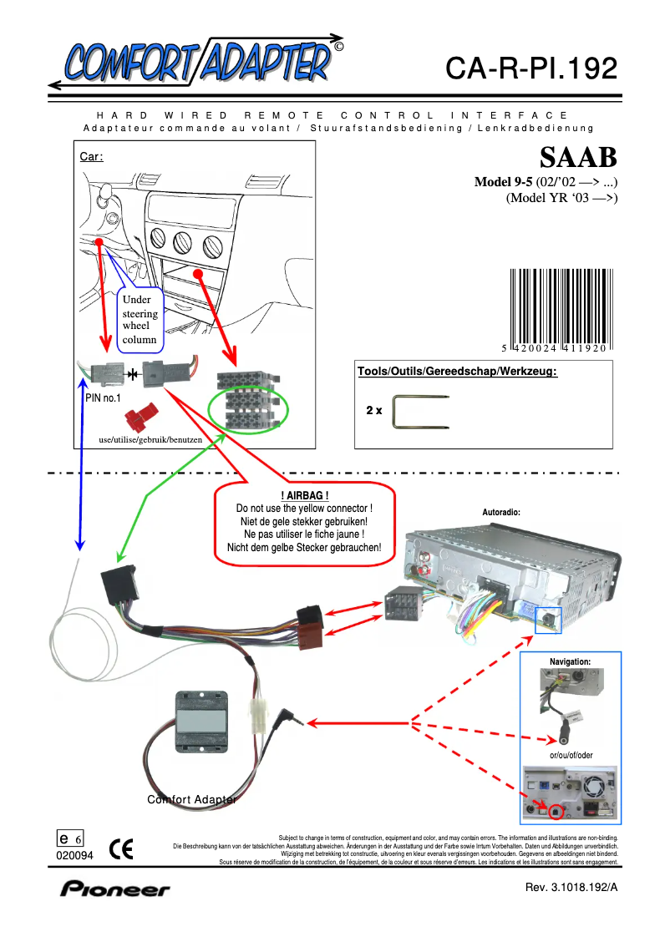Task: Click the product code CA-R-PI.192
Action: tap(531, 68)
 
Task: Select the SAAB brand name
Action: tap(578, 158)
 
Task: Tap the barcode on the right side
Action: tap(557, 308)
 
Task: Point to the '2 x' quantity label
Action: tap(373, 412)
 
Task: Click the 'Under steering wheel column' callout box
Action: tap(140, 318)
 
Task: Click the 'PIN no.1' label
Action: tap(103, 398)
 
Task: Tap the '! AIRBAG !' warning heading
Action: tap(304, 496)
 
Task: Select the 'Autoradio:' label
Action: tap(502, 511)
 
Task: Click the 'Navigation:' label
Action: tap(570, 661)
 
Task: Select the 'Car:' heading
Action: tap(91, 157)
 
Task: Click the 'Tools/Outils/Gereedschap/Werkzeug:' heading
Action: tap(457, 371)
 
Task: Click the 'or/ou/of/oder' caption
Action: tap(571, 755)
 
